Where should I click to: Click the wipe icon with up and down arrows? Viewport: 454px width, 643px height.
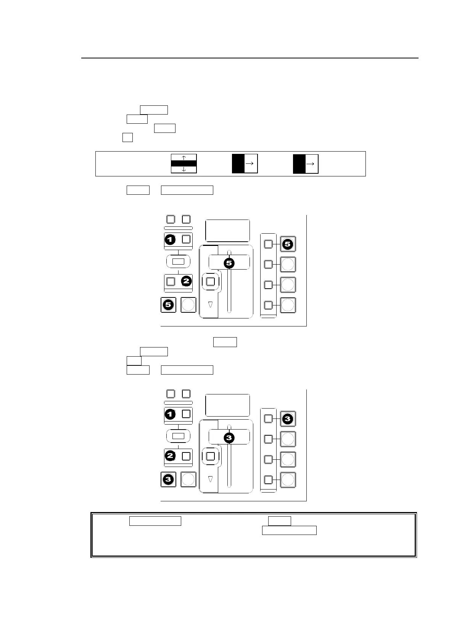point(184,163)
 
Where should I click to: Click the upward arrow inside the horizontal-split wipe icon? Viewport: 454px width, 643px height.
point(184,158)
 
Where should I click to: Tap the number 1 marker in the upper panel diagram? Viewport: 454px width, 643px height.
point(170,240)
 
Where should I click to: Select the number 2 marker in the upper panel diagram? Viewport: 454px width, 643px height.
point(186,281)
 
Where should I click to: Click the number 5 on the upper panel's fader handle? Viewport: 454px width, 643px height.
point(229,263)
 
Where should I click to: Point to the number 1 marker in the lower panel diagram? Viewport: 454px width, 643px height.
point(170,414)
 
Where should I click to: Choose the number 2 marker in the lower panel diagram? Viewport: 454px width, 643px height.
point(170,456)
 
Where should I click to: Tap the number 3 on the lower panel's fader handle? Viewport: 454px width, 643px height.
point(229,438)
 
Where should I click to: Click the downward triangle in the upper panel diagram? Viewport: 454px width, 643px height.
point(210,304)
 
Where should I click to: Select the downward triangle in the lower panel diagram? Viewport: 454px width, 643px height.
point(210,479)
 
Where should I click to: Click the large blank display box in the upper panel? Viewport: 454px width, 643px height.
point(227,231)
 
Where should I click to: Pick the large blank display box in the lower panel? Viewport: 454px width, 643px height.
point(227,405)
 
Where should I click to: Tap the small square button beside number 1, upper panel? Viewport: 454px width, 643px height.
point(186,239)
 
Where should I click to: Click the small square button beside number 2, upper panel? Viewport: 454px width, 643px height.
point(171,281)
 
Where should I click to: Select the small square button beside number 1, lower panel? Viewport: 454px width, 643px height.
point(186,414)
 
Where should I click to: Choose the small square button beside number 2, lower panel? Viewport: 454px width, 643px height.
point(186,456)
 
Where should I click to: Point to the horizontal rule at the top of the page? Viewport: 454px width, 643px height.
point(250,58)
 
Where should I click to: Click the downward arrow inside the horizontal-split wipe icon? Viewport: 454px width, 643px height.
point(184,169)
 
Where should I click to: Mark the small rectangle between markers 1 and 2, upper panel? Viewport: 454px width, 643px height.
point(178,262)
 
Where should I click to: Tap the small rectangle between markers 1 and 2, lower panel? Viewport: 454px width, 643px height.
point(178,436)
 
